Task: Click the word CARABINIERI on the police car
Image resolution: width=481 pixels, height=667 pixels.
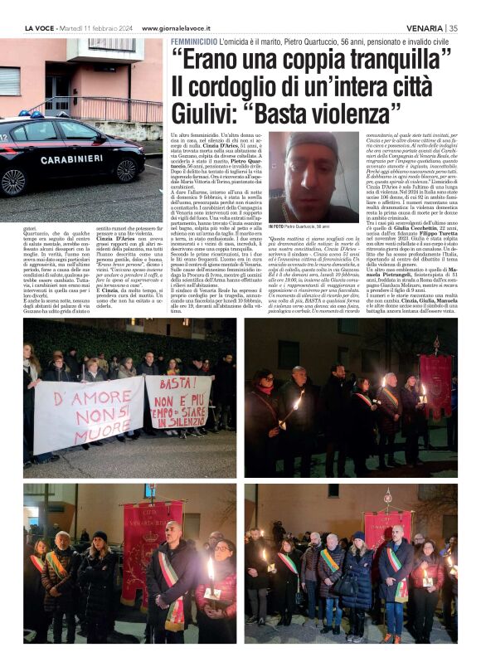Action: tap(72, 158)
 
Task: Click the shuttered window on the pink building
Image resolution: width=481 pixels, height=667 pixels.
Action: tap(9, 81)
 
